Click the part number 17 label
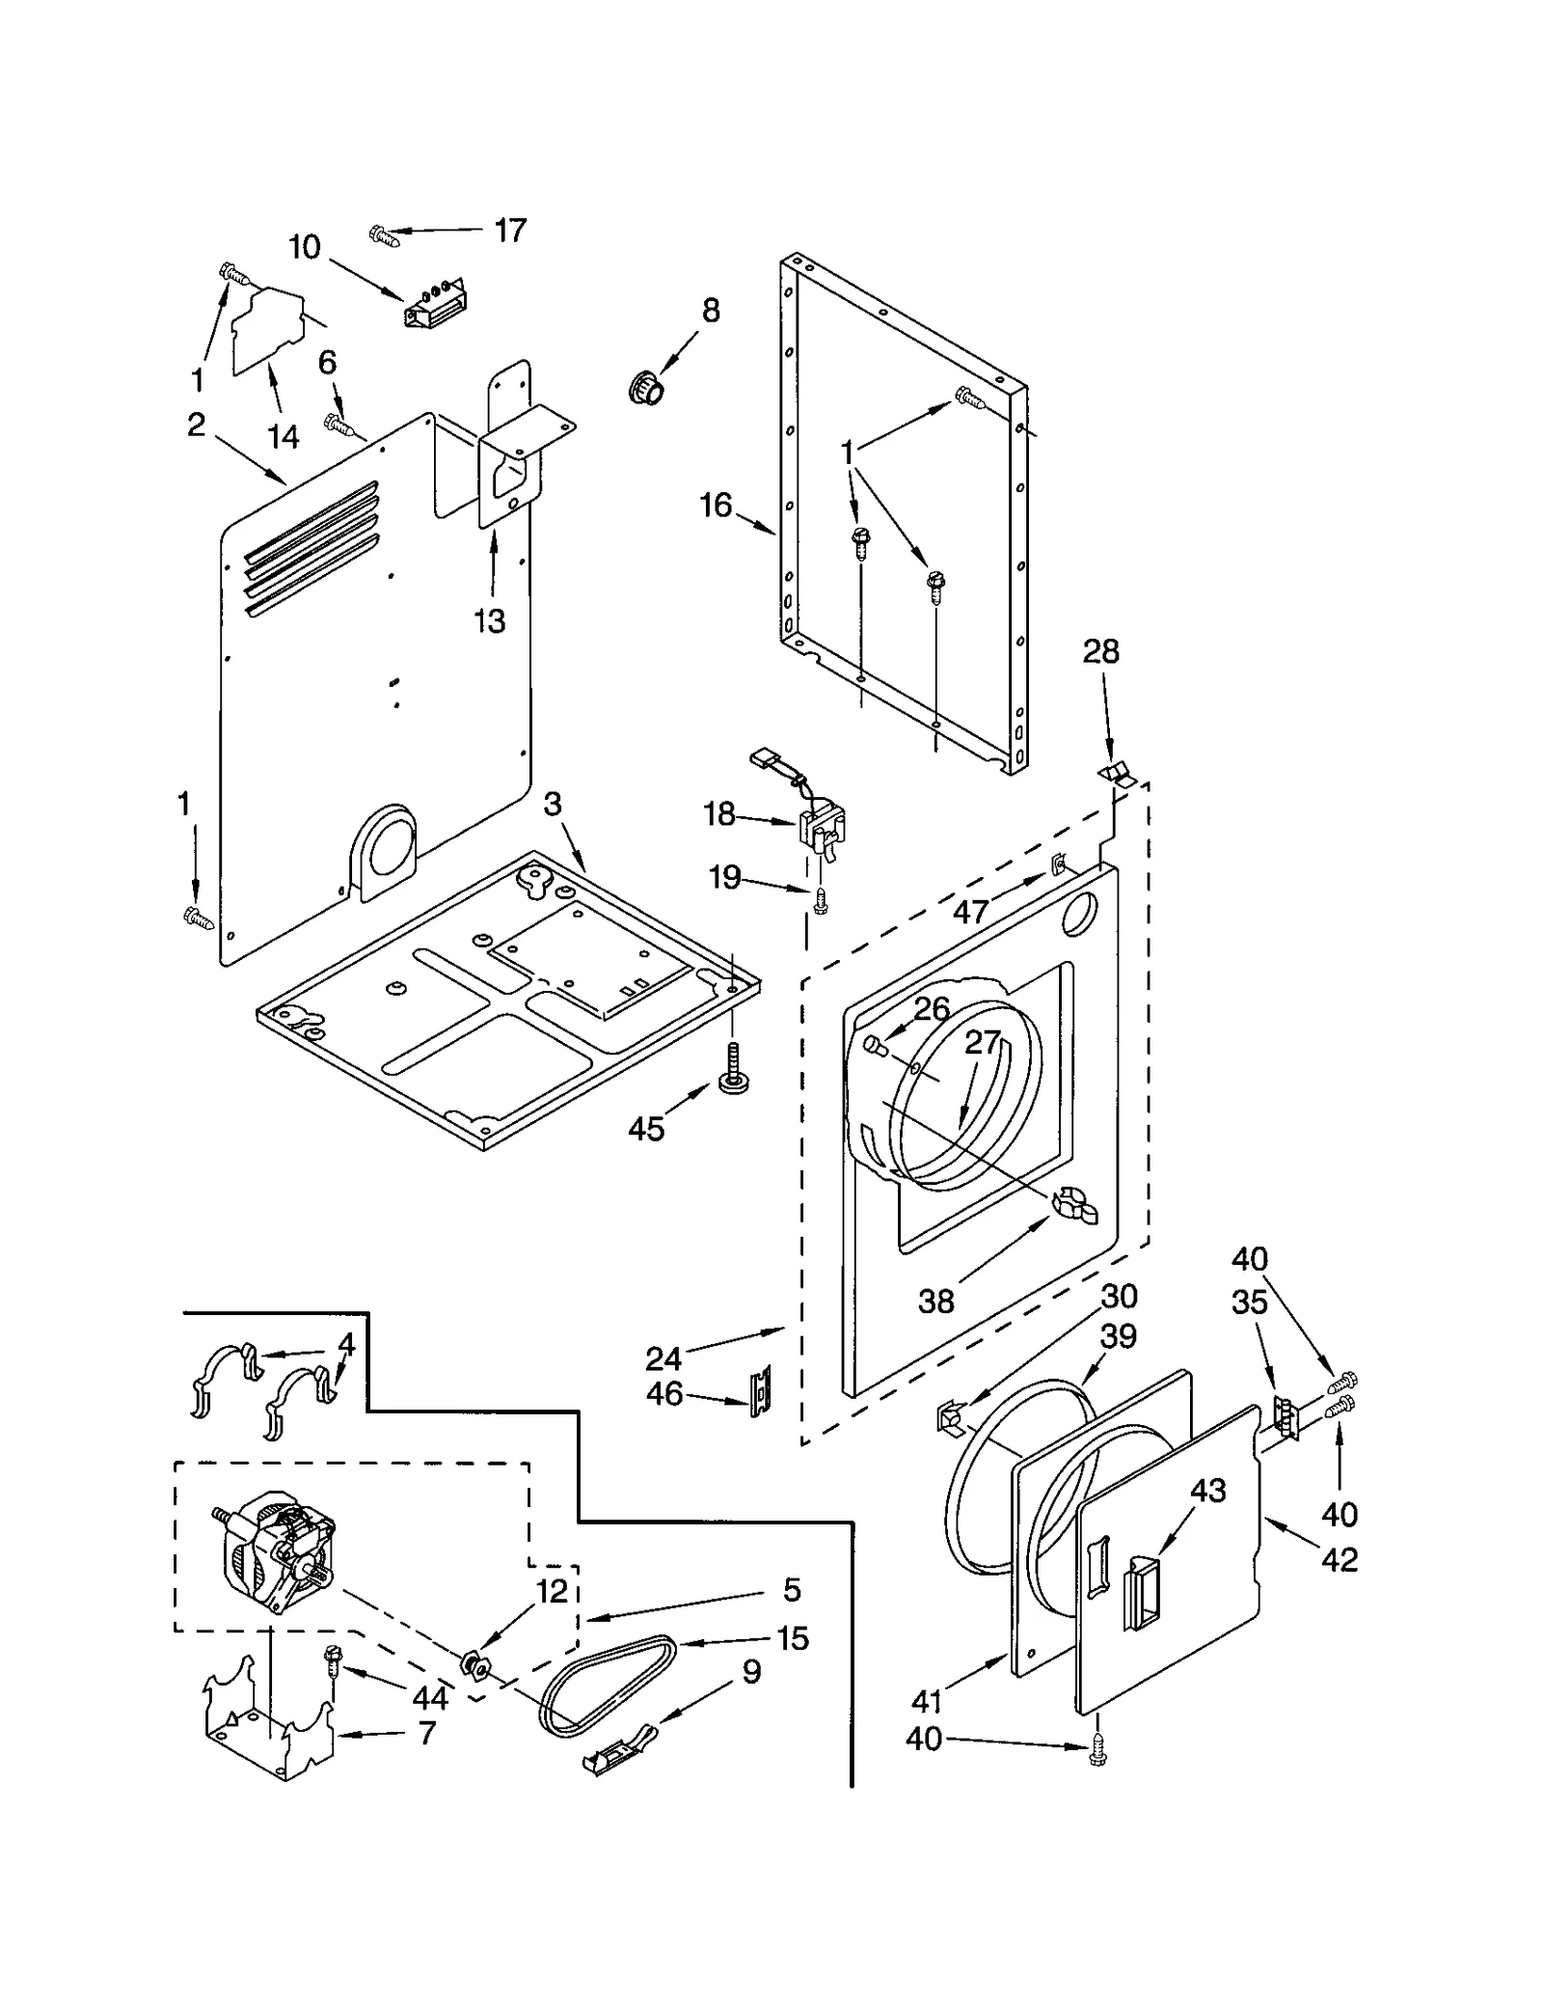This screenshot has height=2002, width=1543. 510,230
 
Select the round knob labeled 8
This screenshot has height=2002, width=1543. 646,388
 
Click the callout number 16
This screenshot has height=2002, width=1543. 716,505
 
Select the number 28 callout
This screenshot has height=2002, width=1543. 1100,651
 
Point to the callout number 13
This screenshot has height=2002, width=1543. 490,620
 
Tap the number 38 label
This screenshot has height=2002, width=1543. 935,1302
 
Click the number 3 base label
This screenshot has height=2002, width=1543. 552,804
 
